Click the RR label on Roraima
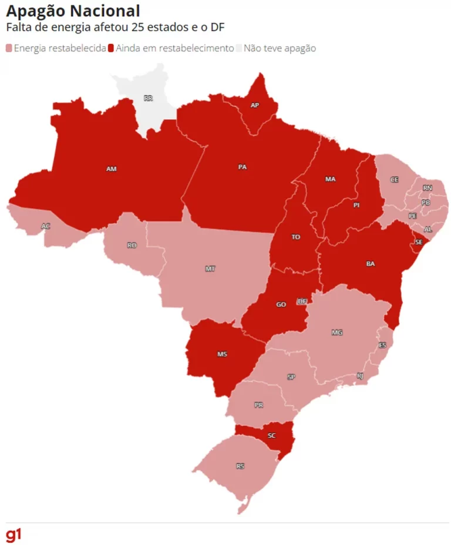pos(148,98)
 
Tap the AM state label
pos(112,169)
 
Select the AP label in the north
pos(254,105)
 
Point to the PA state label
pos(242,167)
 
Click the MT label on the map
pos(210,268)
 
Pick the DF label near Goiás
pos(302,301)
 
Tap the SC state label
pos(271,436)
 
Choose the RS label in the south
pos(240,466)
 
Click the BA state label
pos(371,264)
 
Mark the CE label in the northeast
pos(394,179)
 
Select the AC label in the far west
pos(46,226)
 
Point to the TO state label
pos(295,237)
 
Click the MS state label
pos(222,354)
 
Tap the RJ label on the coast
pos(360,376)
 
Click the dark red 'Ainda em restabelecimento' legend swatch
pos(111,48)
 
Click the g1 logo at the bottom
pos(14,535)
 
